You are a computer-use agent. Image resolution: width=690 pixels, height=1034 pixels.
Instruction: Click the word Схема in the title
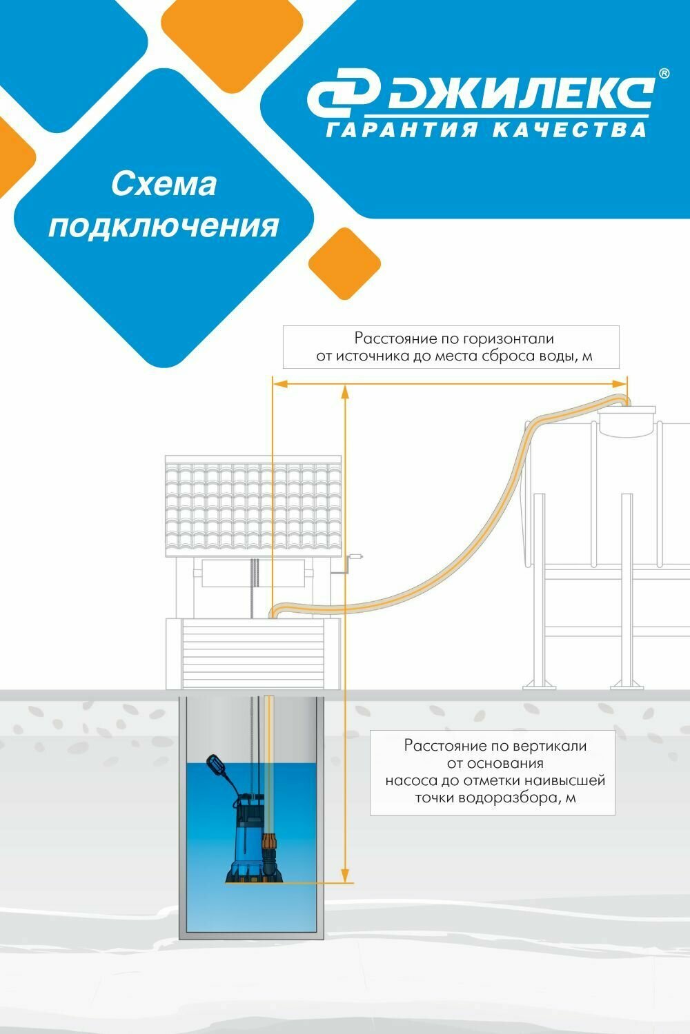[164, 184]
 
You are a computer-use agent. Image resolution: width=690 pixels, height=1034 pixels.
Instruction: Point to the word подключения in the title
[164, 225]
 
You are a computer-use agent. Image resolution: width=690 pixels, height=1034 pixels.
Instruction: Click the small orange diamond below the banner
[344, 263]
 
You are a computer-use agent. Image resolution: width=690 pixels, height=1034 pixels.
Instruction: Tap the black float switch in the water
[217, 767]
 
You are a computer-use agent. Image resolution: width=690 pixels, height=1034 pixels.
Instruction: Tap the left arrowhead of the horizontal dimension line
[277, 384]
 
